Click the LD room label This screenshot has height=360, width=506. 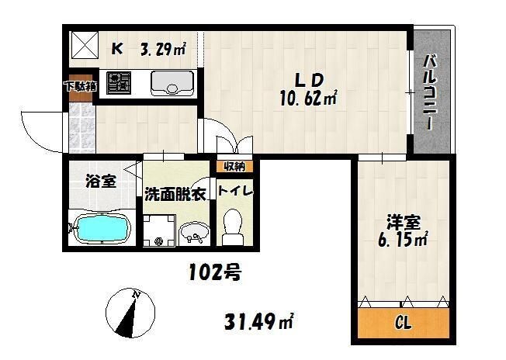tap(307, 79)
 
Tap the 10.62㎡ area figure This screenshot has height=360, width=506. tap(307, 99)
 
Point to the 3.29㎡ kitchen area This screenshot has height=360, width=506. tap(162, 50)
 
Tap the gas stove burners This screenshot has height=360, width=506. tap(120, 82)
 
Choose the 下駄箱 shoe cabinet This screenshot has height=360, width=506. tap(80, 85)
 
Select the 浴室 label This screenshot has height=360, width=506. tap(100, 182)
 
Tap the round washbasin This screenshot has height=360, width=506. tap(195, 231)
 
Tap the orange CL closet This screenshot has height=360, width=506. tap(403, 321)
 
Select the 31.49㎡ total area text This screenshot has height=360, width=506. tap(258, 320)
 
